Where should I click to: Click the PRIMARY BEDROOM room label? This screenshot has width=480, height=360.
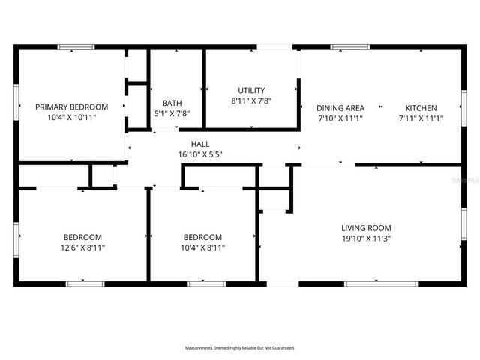coord(72,107)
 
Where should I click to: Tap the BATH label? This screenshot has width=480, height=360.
coord(172,103)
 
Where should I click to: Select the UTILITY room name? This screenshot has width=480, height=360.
coord(251,90)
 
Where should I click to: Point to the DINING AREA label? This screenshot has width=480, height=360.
coord(340,108)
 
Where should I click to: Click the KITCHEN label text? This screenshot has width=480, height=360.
coord(421,108)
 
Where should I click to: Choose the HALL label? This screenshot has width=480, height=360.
coord(200,144)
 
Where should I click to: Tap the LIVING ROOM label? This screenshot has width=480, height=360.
coord(366,228)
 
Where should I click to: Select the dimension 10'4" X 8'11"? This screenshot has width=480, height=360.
coord(202,247)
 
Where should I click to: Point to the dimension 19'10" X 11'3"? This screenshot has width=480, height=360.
coord(366,238)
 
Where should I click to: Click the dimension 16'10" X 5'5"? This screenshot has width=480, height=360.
coord(200,154)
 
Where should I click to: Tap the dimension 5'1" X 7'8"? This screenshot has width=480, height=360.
coord(172,114)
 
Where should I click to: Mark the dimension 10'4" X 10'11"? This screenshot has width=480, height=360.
coord(72,118)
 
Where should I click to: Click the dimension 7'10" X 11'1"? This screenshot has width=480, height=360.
coord(340,118)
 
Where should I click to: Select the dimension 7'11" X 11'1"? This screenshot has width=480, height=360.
coord(421,118)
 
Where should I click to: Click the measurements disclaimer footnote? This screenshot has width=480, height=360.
coord(240,348)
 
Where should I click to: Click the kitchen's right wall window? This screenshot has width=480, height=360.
coord(463,106)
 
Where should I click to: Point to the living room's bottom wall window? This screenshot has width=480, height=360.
coord(370,283)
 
